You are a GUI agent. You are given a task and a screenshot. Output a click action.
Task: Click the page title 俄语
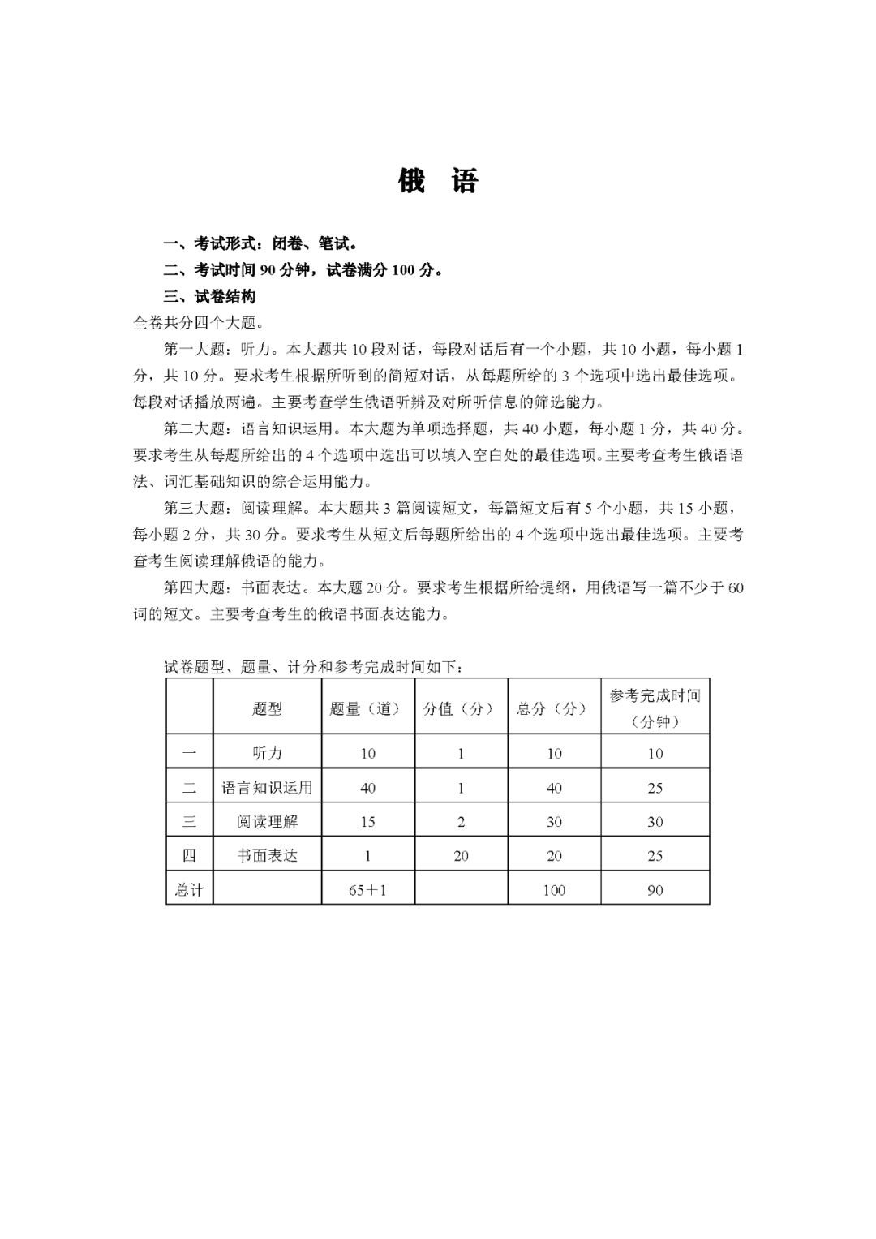click(438, 180)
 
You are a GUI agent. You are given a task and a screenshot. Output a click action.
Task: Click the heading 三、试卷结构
click(210, 297)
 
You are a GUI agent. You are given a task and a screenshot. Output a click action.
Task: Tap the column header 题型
click(267, 708)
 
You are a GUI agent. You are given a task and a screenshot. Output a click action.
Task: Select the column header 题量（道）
click(367, 708)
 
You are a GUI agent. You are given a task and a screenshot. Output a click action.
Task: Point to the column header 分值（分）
click(461, 708)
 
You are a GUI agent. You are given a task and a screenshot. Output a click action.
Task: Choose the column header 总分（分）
click(554, 708)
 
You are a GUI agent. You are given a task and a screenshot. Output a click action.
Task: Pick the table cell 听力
click(267, 753)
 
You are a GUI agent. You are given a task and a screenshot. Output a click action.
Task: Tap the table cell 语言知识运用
click(267, 788)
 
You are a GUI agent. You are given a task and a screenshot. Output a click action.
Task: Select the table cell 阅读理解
click(267, 822)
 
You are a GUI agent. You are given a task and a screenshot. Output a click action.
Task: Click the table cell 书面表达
click(267, 856)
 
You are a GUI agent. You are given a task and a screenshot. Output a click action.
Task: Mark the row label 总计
click(189, 890)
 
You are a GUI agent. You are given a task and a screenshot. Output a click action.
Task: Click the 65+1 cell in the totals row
click(367, 890)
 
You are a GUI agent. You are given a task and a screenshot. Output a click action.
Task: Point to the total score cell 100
click(554, 890)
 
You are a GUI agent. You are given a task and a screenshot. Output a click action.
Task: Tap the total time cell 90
click(655, 890)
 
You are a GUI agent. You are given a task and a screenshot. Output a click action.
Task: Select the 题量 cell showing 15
click(367, 822)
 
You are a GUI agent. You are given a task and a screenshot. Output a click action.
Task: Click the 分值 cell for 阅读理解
click(461, 822)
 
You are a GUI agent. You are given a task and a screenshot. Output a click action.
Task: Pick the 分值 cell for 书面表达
click(461, 856)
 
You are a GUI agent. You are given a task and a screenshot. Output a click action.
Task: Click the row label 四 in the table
click(189, 856)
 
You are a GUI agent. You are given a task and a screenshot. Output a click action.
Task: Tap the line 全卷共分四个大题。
click(198, 323)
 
